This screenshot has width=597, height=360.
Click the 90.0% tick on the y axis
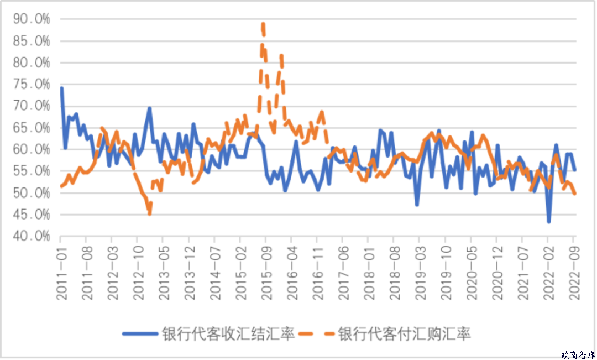pos(33,19)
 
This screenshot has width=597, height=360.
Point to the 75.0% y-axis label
pos(33,84)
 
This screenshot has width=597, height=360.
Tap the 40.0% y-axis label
pos(33,236)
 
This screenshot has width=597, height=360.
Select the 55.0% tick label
pos(33,171)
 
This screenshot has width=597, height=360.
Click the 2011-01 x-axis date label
pos(61,272)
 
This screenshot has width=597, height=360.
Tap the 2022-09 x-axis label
pos(573,272)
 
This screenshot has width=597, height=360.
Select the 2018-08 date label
pos(393,272)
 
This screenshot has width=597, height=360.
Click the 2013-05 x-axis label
pos(163,272)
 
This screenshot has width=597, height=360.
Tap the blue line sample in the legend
pos(139,334)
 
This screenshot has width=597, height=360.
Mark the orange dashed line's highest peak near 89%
pos(263,24)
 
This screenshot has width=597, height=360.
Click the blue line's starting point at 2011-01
pos(61,88)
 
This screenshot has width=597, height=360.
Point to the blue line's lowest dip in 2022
pos(548,222)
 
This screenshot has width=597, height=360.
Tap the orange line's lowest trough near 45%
pos(149,213)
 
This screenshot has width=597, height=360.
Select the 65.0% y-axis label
pos(33,128)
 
